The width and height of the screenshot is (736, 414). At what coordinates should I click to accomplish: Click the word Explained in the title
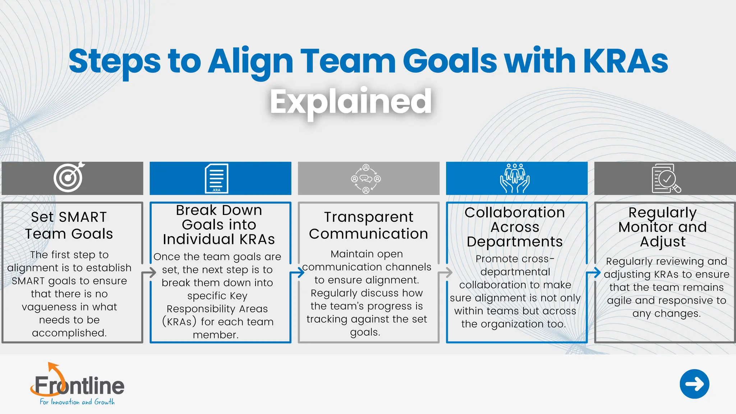(x=351, y=102)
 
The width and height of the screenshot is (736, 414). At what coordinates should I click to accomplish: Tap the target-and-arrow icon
(x=69, y=177)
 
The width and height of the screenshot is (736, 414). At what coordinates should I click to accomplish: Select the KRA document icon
(x=216, y=178)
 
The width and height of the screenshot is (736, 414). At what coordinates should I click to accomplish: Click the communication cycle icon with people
(x=366, y=179)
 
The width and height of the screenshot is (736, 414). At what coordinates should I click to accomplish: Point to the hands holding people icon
(x=515, y=178)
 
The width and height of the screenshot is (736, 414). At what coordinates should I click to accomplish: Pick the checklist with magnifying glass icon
(x=666, y=179)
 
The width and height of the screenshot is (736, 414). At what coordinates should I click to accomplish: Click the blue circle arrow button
(x=694, y=384)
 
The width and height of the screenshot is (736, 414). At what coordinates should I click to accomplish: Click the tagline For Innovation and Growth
(x=77, y=402)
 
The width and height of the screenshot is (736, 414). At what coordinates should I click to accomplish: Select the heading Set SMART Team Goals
(x=69, y=225)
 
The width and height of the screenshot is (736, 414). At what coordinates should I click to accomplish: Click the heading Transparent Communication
(x=368, y=225)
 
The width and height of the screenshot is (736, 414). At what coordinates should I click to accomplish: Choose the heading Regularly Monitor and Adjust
(x=663, y=227)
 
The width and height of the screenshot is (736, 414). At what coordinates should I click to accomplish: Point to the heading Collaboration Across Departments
(x=515, y=227)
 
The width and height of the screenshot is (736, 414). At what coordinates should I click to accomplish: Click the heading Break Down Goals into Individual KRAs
(x=219, y=225)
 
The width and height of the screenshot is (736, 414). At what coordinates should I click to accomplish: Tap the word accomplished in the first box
(x=69, y=333)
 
